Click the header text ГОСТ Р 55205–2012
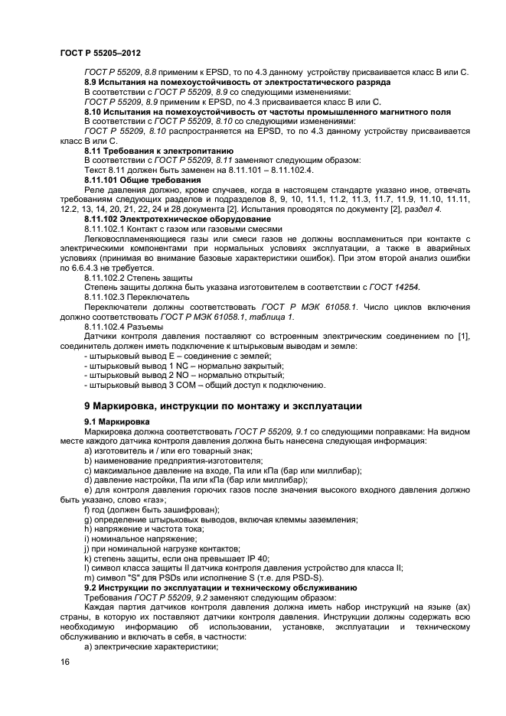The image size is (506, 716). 100,50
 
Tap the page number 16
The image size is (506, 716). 65,662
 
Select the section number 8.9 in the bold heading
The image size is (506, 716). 92,82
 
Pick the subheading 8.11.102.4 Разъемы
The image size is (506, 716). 123,327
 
